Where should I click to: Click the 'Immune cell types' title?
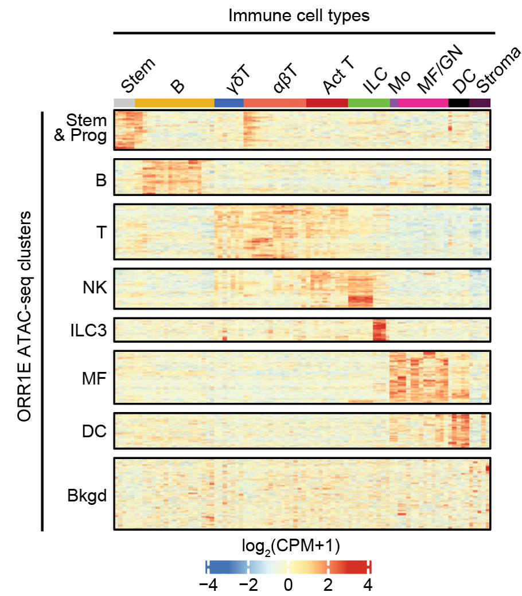(x=299, y=15)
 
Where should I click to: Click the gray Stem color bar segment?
(x=124, y=103)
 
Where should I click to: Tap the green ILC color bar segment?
(x=369, y=103)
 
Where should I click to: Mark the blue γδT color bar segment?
(x=229, y=103)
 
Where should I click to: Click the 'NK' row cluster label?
(x=95, y=288)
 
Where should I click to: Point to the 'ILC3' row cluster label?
(x=88, y=330)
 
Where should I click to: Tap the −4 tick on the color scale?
(x=208, y=585)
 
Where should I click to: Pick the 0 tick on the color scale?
(x=288, y=585)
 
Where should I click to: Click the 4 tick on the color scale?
(x=368, y=585)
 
